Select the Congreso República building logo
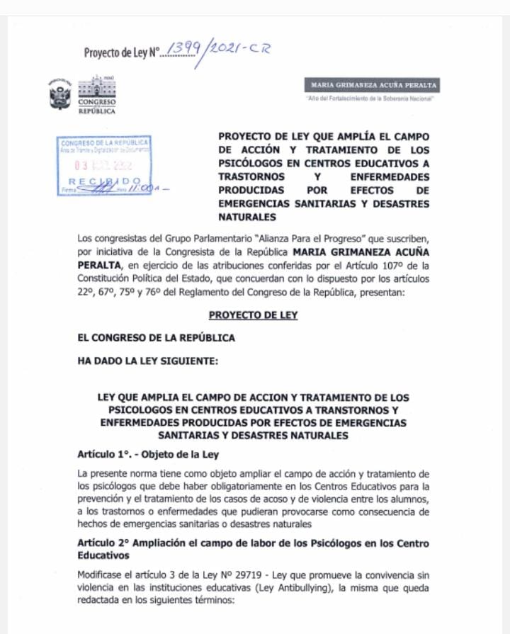click(96, 95)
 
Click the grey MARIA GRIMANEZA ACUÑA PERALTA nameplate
click(371, 85)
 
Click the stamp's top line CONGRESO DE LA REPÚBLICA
click(104, 143)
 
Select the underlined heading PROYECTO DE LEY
click(253, 315)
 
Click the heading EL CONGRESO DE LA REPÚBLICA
click(156, 338)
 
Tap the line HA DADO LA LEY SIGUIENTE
click(148, 361)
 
